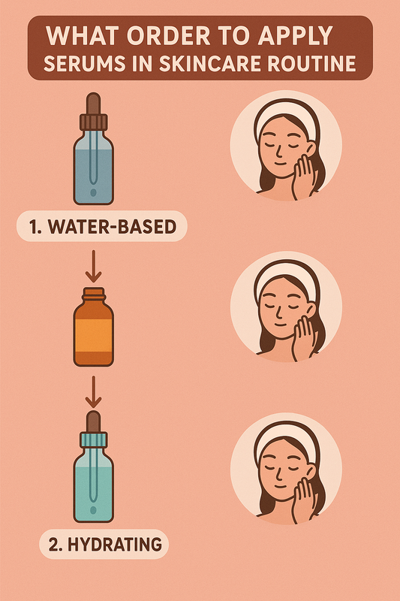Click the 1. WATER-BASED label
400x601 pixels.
[101, 225]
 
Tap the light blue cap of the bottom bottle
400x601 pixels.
[94, 440]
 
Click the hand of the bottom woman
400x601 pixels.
[307, 497]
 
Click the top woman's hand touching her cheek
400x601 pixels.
[307, 177]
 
